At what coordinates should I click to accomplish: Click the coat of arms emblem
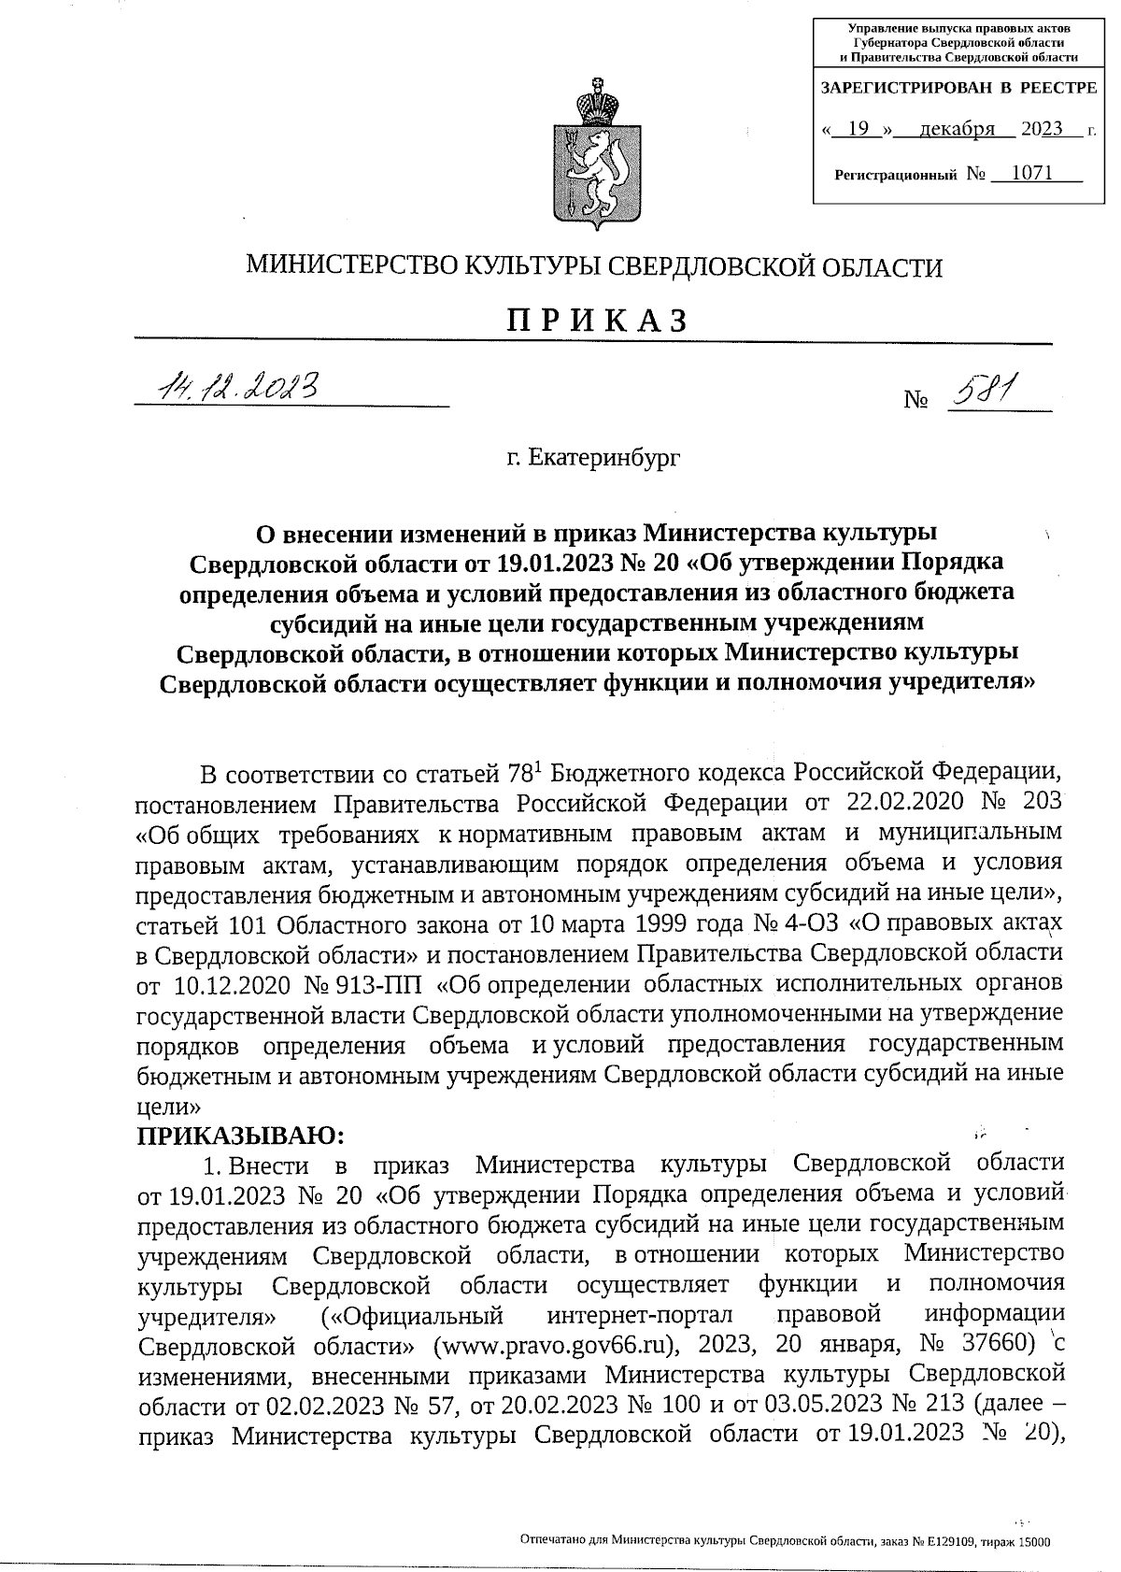pyautogui.click(x=595, y=154)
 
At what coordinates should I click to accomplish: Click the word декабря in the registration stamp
pyautogui.click(x=956, y=129)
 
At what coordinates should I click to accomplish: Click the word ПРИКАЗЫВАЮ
pyautogui.click(x=242, y=1136)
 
